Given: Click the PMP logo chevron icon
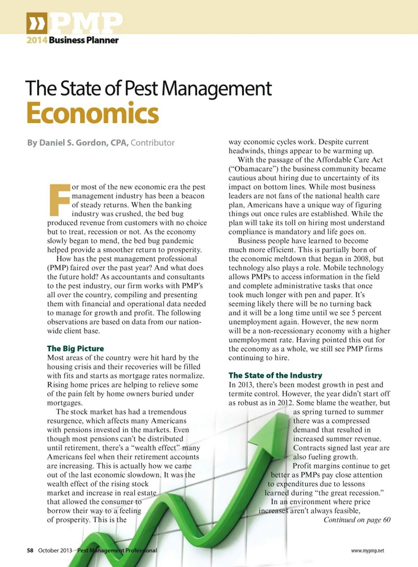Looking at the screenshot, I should tap(36, 23).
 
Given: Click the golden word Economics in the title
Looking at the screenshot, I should tap(93, 113).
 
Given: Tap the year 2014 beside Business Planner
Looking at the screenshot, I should tap(37, 40).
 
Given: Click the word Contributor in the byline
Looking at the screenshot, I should tap(153, 143).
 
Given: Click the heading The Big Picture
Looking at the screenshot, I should tap(76, 348).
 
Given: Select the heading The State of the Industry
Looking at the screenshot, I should tap(275, 375).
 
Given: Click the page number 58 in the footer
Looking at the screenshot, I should tap(30, 550).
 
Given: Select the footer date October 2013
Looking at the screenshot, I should tap(55, 550).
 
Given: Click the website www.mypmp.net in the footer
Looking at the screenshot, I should tap(367, 551).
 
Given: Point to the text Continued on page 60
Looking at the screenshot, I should tap(357, 520).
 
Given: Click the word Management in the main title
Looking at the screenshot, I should tap(216, 88).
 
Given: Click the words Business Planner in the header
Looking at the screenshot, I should tap(84, 40).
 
